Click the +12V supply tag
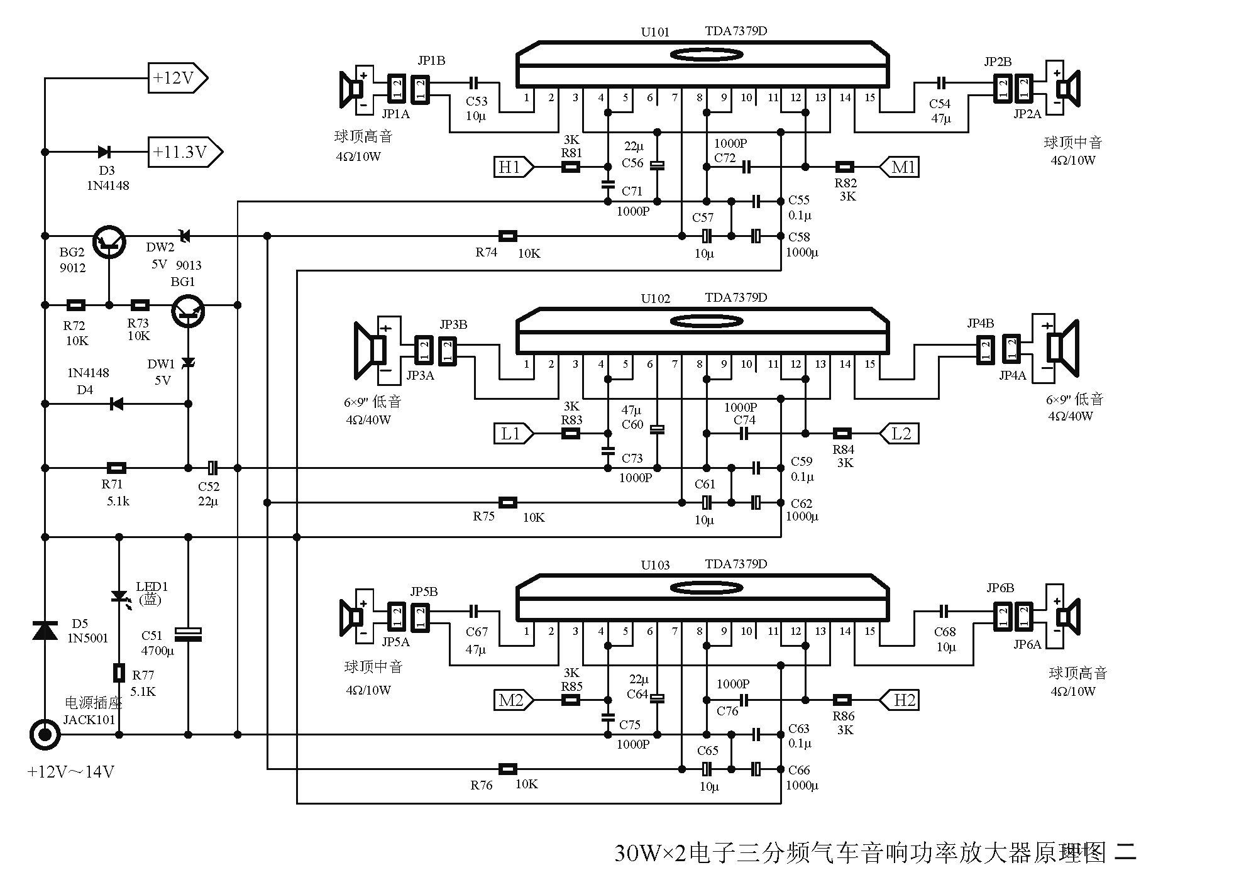pos(176,79)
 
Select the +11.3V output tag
pos(184,152)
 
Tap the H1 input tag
pos(512,167)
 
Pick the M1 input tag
pos(901,167)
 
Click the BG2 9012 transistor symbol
pos(109,242)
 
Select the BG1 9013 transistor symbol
pos(189,311)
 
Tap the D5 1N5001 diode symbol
pos(45,630)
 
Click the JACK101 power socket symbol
pos(45,734)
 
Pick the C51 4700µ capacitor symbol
pos(188,634)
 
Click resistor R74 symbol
pos(507,236)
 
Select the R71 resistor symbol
pos(116,468)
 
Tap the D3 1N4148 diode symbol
pos(104,152)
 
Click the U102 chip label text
pos(655,299)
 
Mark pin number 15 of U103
pos(869,631)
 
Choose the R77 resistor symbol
pos(119,673)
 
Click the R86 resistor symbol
pos(842,700)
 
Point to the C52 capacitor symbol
pos(212,468)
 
